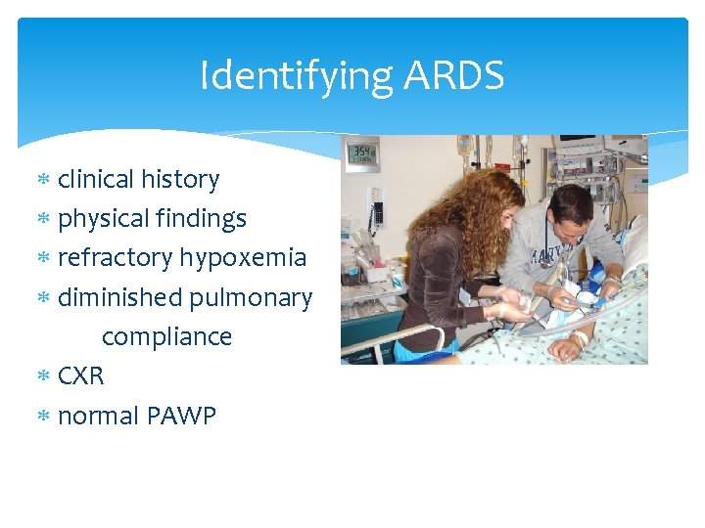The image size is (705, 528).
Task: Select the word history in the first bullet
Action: pyautogui.click(x=180, y=180)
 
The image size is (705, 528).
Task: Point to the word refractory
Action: pyautogui.click(x=114, y=258)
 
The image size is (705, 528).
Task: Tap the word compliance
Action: pyautogui.click(x=166, y=337)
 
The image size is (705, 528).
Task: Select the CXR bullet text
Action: pyautogui.click(x=80, y=376)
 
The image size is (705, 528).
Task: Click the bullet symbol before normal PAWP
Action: pyautogui.click(x=43, y=417)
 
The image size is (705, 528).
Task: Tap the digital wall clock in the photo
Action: pyautogui.click(x=361, y=153)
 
